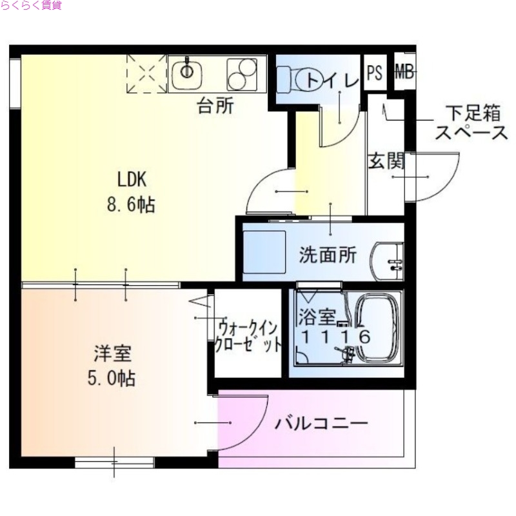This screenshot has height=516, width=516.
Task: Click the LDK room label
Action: click(132, 178)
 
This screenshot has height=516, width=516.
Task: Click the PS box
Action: click(374, 72)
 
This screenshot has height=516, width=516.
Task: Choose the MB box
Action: click(403, 72)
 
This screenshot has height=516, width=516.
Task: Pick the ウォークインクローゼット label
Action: click(249, 335)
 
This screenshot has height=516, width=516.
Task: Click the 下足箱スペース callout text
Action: click(471, 124)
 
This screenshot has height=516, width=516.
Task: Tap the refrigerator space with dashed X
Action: click(146, 74)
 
